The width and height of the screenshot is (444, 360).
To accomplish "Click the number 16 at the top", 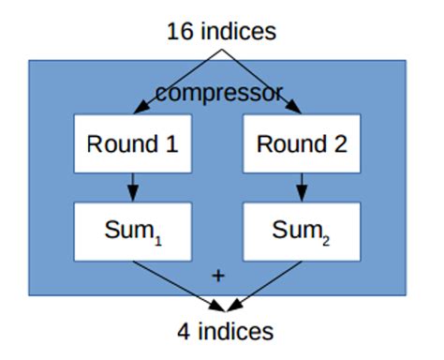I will pyautogui.click(x=178, y=31).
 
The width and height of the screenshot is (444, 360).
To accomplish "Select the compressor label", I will pyautogui.click(x=219, y=93).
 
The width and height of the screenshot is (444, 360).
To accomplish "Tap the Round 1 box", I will pyautogui.click(x=132, y=145).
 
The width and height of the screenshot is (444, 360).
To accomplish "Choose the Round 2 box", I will pyautogui.click(x=302, y=145).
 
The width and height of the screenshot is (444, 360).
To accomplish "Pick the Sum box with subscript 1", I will pyautogui.click(x=132, y=230).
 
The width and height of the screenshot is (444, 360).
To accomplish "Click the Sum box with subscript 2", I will pyautogui.click(x=302, y=230).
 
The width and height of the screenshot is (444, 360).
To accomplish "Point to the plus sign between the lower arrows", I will pyautogui.click(x=219, y=276).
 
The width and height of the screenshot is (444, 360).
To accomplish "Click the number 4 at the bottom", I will pyautogui.click(x=184, y=331).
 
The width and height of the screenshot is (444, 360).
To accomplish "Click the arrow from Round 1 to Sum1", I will pyautogui.click(x=132, y=186).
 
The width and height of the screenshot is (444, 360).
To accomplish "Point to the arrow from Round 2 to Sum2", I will pyautogui.click(x=302, y=186).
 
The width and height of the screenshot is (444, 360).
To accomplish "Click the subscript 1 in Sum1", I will pyautogui.click(x=157, y=234).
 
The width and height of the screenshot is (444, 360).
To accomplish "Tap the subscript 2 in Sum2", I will pyautogui.click(x=327, y=234).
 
